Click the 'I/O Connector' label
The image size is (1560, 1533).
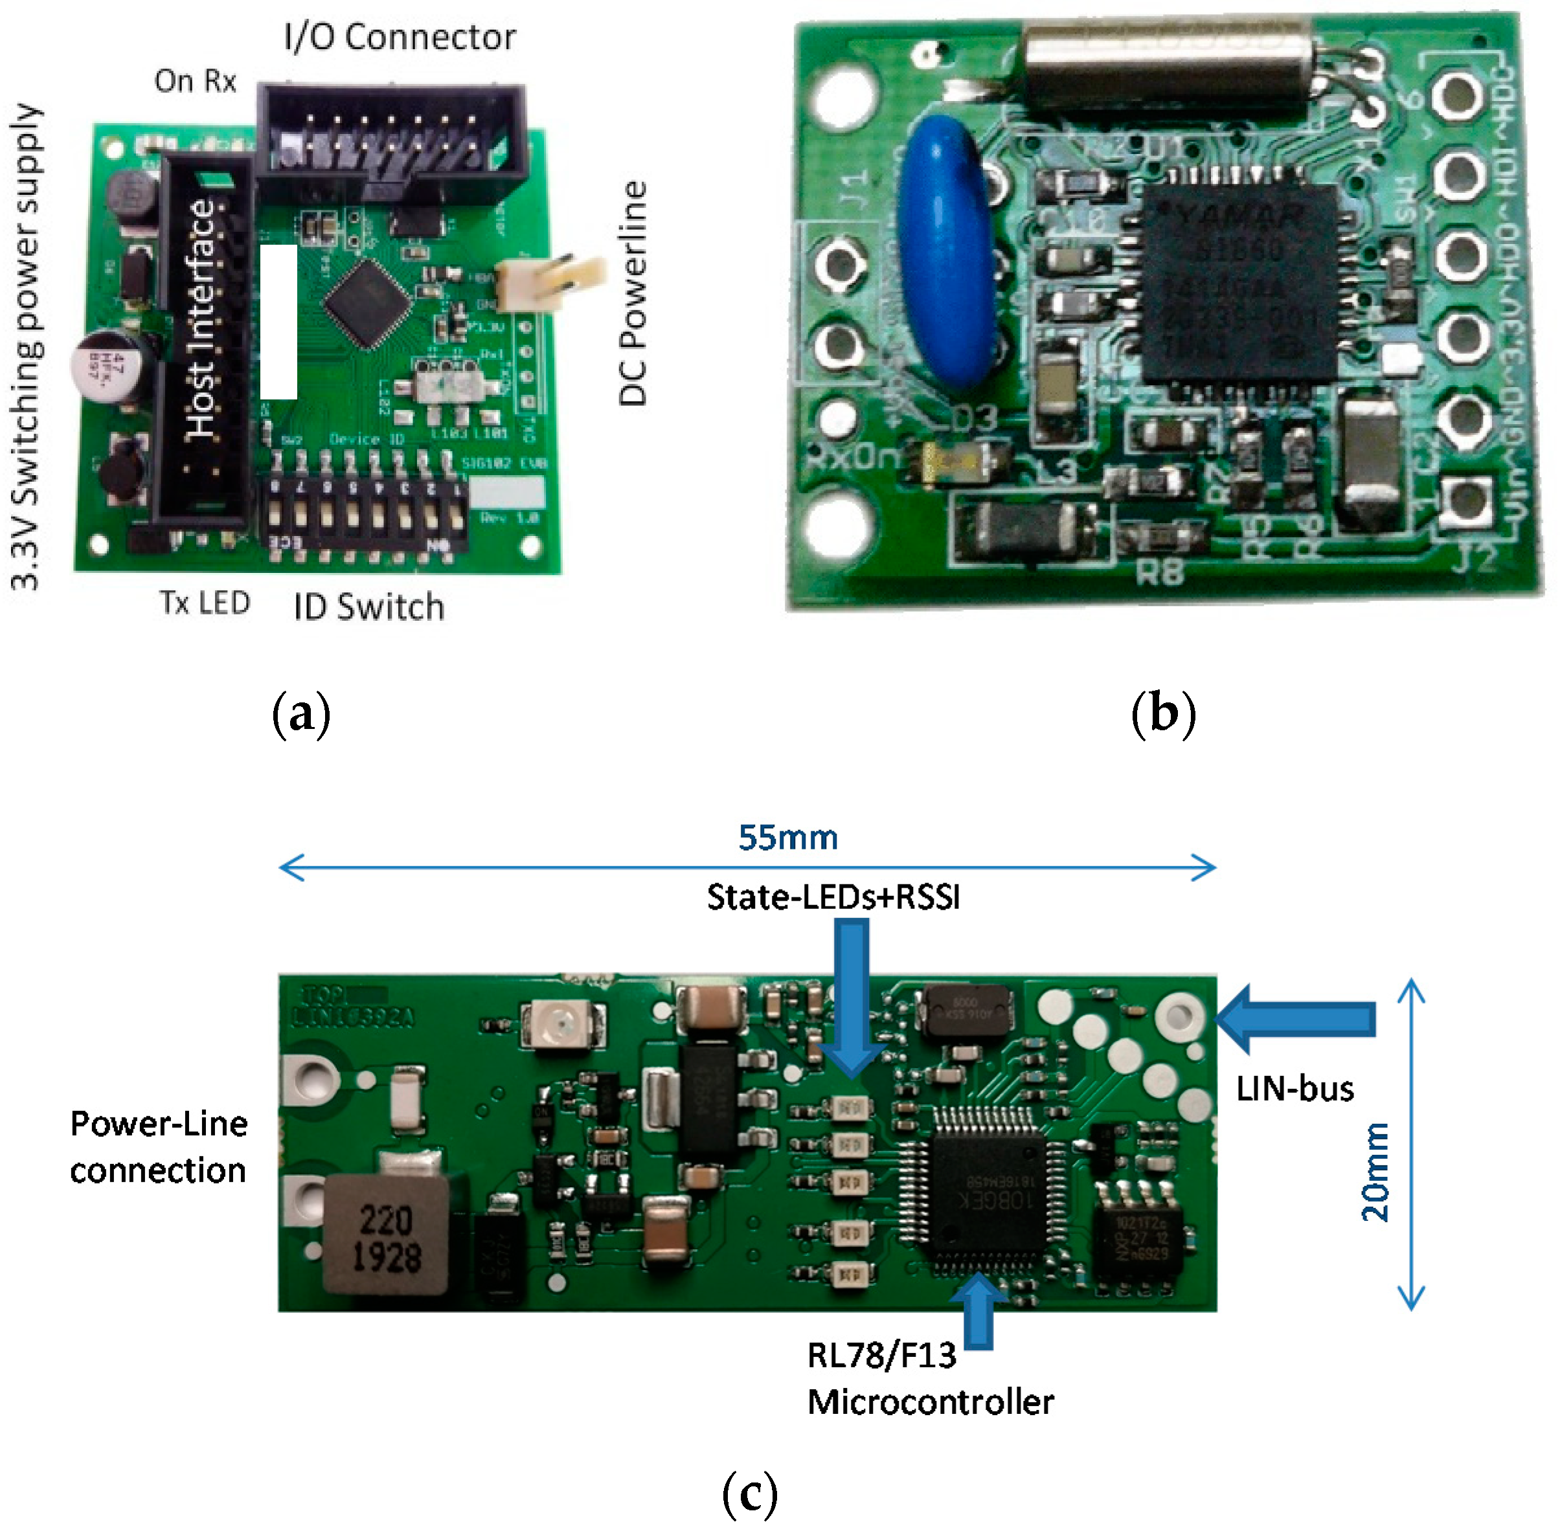coord(400,37)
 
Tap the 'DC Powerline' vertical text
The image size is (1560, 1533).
coord(633,293)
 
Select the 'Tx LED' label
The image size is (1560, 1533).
coord(205,602)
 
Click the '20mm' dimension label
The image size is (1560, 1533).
coord(1375,1172)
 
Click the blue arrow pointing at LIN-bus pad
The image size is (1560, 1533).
coord(1296,1018)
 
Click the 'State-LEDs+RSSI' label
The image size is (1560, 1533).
coord(833,897)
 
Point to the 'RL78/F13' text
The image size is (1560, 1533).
coord(881,1356)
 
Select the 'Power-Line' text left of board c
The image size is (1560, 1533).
coord(159,1124)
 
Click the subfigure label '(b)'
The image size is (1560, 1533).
coord(1162,713)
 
